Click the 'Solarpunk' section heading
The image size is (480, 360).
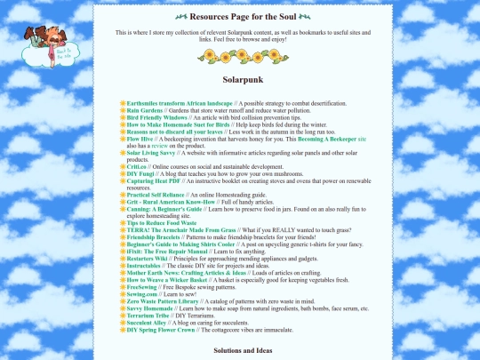click(240, 79)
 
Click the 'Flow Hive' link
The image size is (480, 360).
click(140, 140)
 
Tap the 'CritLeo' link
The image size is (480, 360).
click(137, 166)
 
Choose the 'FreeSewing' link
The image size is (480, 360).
click(143, 286)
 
